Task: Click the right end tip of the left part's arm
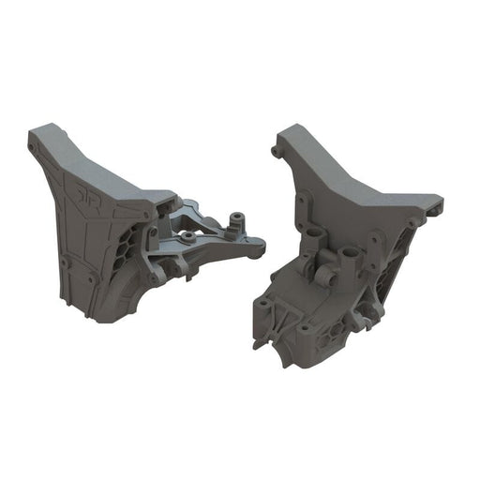tap(262, 248)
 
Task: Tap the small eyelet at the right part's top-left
tap(274, 150)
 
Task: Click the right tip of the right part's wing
tap(439, 200)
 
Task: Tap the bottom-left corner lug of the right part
tap(258, 343)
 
